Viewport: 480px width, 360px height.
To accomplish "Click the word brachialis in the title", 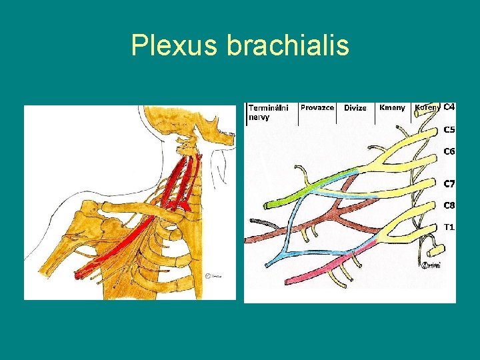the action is pos(288,45).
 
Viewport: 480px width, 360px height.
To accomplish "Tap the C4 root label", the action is pos(449,107).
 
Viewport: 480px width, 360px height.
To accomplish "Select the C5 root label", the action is pos(449,129).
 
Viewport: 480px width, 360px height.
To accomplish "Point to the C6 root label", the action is pos(449,151).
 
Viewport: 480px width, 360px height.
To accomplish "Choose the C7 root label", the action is pos(449,183).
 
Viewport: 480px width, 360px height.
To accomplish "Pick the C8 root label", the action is pos(449,205).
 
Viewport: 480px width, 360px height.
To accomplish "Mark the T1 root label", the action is pos(449,227).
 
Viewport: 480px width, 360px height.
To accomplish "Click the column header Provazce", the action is pos(317,107).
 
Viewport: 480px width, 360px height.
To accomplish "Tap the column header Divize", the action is pos(355,108).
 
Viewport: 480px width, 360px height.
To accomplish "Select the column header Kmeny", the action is pos(392,107).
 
